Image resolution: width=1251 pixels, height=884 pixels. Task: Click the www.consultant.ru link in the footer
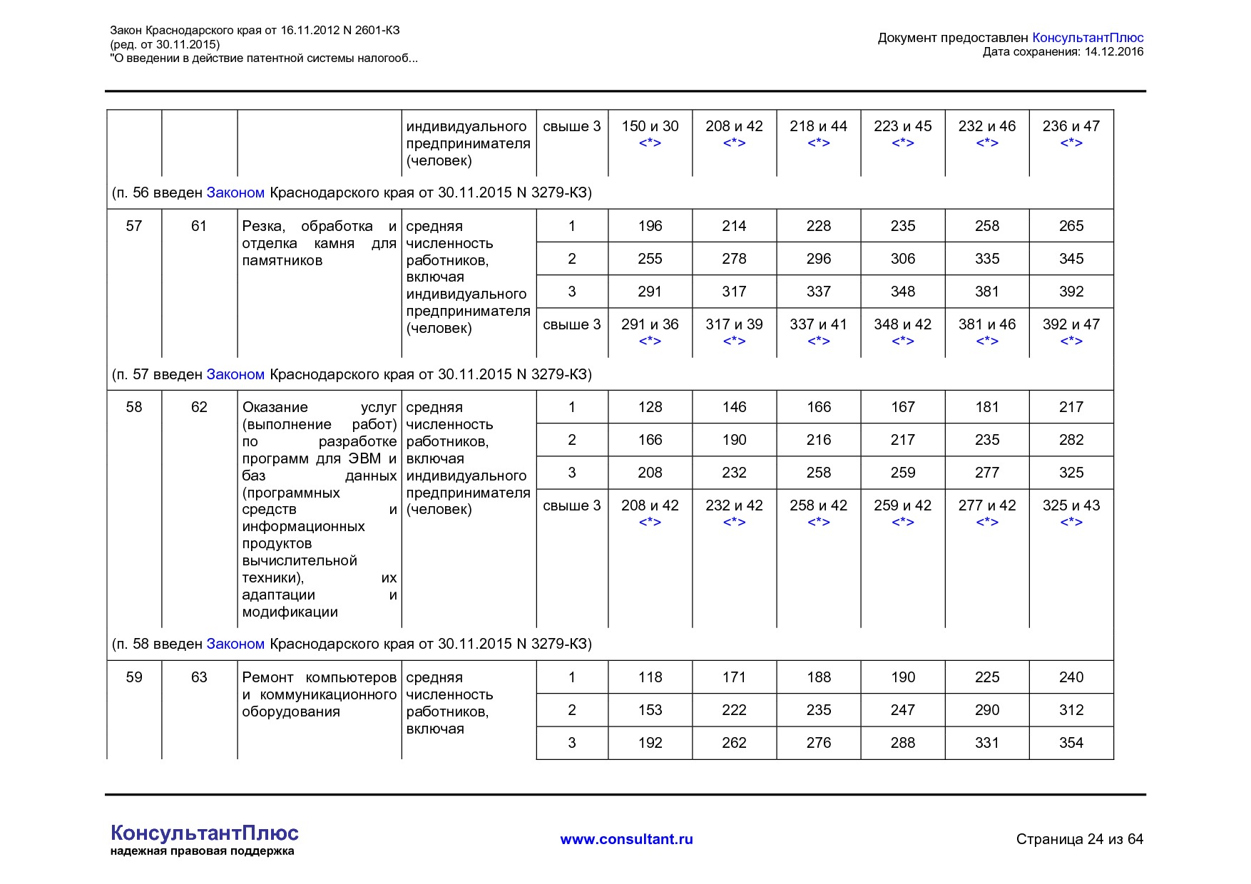[x=626, y=839]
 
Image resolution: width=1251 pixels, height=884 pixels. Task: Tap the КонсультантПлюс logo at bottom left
[x=204, y=833]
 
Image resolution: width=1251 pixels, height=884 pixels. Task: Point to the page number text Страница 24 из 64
[x=1079, y=839]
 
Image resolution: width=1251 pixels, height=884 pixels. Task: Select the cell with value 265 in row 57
[x=1071, y=226]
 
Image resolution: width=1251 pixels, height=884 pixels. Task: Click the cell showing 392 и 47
[x=1071, y=324]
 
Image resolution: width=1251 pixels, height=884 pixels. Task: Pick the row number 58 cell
[x=134, y=407]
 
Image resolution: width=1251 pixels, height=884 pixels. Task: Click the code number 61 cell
[x=199, y=226]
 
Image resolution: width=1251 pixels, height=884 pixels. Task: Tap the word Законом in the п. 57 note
[x=235, y=374]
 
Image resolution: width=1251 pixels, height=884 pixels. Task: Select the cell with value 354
[x=1071, y=743]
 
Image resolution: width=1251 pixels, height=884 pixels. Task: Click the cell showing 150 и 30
[x=650, y=126]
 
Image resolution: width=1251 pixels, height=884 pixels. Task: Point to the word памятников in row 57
[x=282, y=260]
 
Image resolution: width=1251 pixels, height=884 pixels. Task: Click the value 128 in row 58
[x=650, y=407]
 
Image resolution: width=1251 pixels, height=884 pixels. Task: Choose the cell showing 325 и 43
[x=1071, y=505]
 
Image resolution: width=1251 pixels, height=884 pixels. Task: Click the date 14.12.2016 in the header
[x=1113, y=51]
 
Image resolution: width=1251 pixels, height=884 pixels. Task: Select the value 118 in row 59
[x=650, y=677]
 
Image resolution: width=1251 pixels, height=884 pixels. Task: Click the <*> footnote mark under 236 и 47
[x=1071, y=143]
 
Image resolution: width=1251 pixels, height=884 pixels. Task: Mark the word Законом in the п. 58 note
[x=235, y=644]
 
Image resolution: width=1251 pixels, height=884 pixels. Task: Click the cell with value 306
[x=902, y=259]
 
